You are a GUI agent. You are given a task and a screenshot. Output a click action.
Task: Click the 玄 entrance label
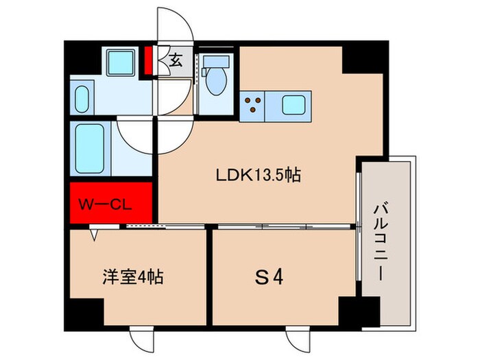176,61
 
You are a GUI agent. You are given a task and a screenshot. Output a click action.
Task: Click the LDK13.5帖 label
259,176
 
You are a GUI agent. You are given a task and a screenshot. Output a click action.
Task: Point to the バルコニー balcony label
383,239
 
